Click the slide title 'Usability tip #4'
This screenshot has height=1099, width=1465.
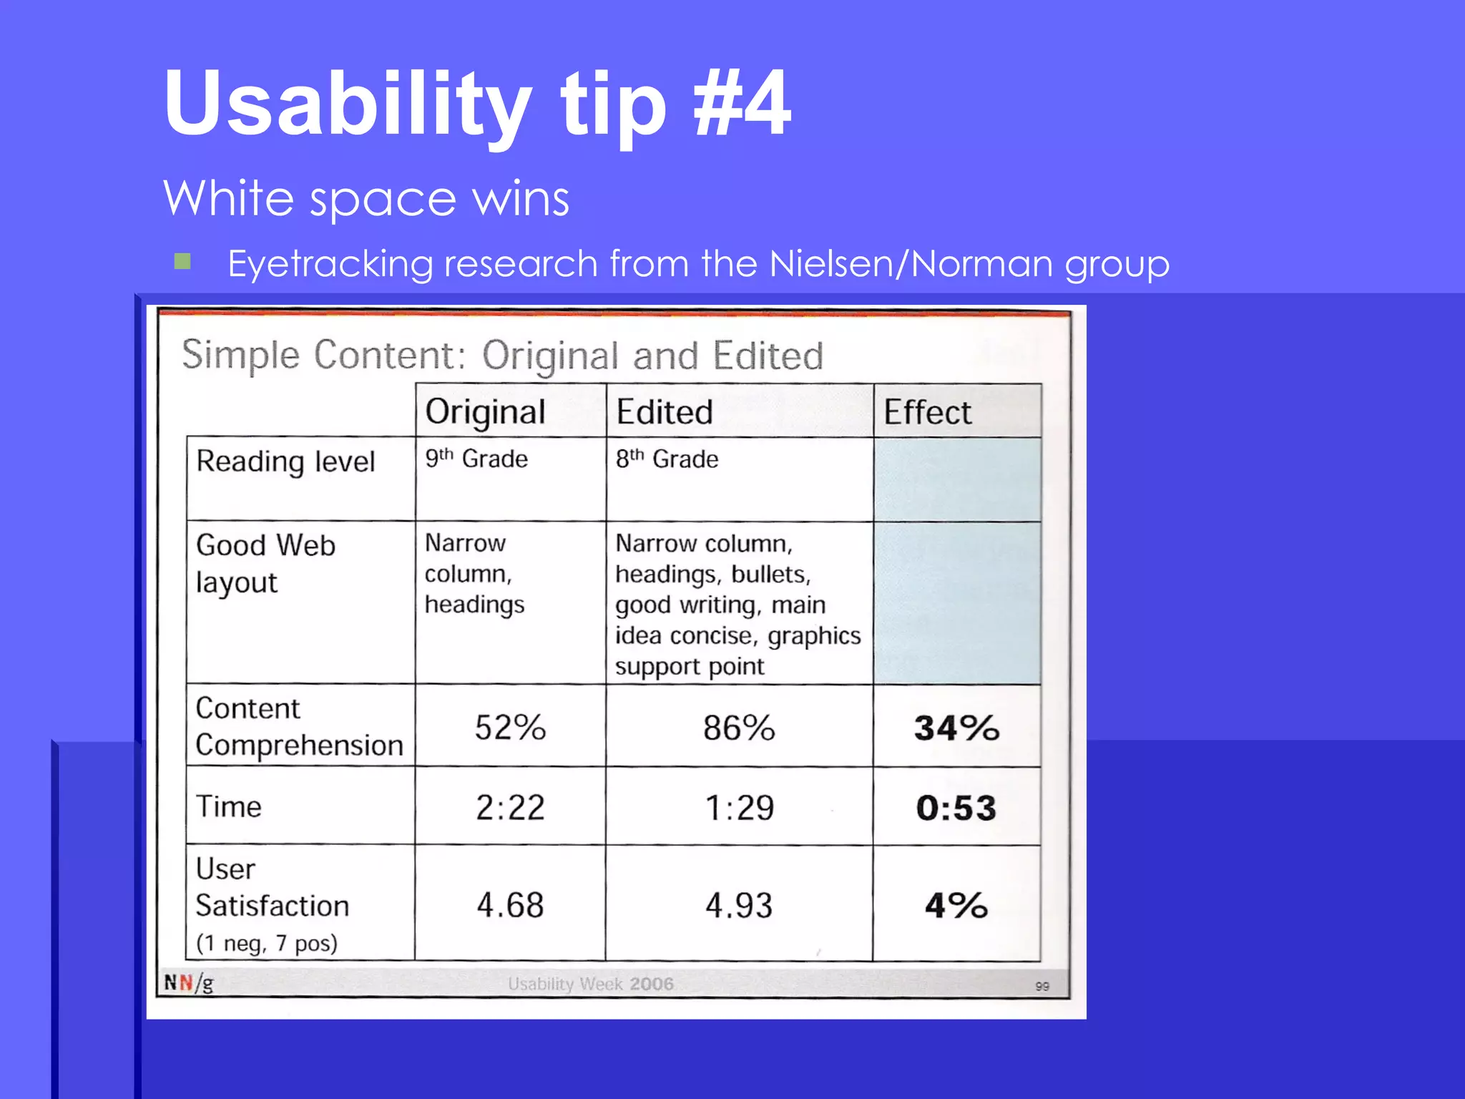coord(477,104)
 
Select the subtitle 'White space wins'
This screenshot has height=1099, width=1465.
coord(366,198)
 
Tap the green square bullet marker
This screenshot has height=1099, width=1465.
coord(182,261)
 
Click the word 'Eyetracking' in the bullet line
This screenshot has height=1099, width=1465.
coord(330,264)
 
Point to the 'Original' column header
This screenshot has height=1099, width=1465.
coord(485,412)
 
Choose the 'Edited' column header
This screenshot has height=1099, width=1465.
coord(665,412)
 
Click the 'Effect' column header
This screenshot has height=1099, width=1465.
coord(927,412)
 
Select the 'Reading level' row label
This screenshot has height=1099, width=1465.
coord(285,461)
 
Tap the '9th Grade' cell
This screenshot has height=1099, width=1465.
coord(476,459)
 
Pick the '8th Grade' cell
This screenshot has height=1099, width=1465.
coord(667,459)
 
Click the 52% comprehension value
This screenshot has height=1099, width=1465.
coord(510,728)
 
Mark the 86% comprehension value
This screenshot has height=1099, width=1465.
coord(739,728)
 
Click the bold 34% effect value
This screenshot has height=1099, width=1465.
coord(956,728)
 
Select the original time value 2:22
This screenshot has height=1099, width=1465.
coord(510,808)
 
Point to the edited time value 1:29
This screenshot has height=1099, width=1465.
coord(739,808)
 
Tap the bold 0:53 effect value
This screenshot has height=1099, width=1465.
coord(956,808)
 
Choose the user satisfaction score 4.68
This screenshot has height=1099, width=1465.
coord(510,905)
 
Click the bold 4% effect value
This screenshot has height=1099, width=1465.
coord(956,905)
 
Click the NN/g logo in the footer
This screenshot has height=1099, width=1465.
coord(189,983)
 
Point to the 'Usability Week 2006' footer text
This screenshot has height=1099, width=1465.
coord(591,984)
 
